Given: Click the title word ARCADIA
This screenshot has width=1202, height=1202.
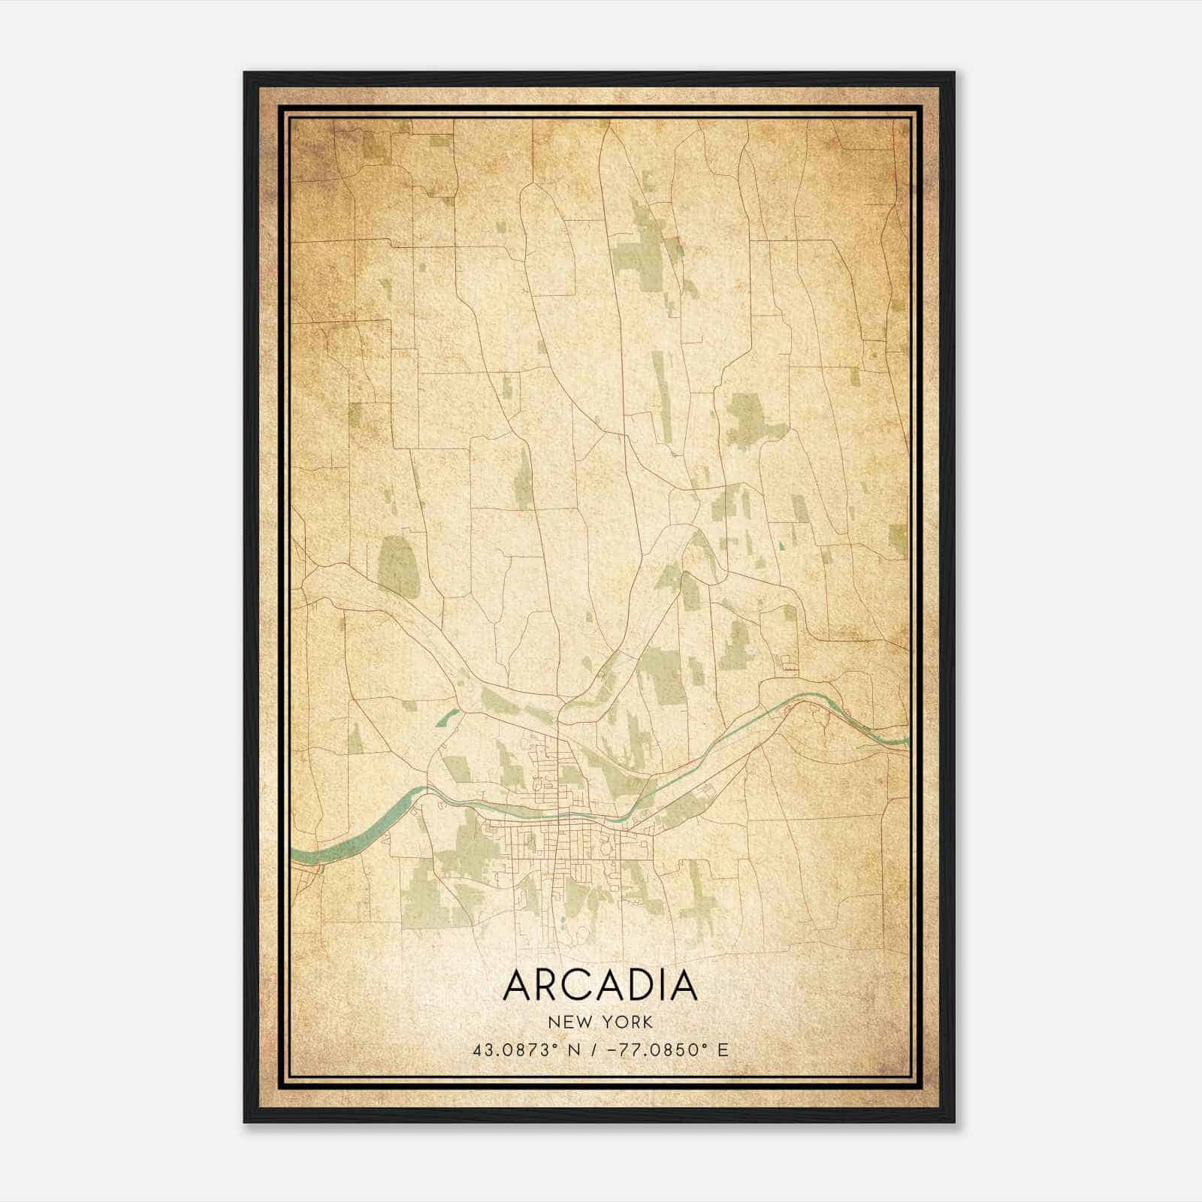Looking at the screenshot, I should (x=600, y=985).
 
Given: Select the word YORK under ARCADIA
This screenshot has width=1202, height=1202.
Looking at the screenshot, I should (x=630, y=1022).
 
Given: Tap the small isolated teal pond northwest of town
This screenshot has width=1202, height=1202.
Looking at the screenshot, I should (x=446, y=717).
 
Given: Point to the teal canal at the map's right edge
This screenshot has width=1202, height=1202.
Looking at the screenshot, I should (x=890, y=739).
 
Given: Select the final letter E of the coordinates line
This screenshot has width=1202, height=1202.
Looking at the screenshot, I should (x=723, y=1050).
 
